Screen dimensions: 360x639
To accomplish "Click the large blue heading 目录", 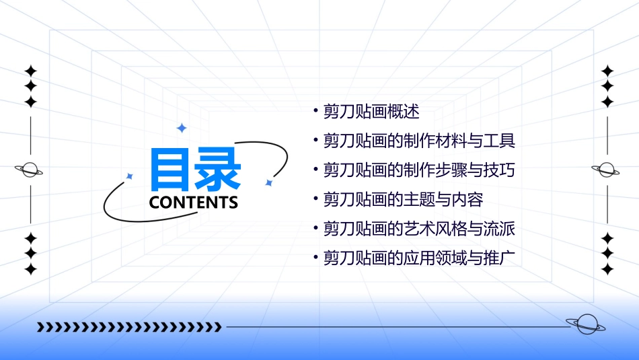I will click(196, 170).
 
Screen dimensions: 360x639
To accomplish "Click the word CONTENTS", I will click(194, 203).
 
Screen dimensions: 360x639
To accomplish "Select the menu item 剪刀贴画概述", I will click(371, 112).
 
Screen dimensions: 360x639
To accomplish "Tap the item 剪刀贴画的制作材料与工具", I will click(419, 141).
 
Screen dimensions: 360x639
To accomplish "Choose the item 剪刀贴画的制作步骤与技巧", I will click(419, 170).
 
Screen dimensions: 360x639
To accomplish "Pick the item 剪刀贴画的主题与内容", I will click(403, 199).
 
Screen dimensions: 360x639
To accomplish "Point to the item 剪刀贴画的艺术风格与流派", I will click(419, 229).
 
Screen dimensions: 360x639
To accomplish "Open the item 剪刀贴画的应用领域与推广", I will click(419, 258).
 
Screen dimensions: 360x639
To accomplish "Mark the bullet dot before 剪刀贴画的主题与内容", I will click(315, 199).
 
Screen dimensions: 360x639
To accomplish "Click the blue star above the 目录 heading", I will click(181, 128).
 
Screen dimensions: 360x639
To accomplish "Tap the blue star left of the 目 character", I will click(130, 176).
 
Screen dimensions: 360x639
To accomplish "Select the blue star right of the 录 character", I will click(268, 183).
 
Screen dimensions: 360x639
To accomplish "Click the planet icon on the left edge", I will click(30, 170).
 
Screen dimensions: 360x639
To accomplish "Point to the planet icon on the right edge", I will click(606, 170).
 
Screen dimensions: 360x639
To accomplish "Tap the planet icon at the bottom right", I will click(585, 324).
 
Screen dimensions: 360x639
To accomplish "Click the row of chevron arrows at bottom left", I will click(128, 327).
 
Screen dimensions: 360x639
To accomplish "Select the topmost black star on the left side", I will click(30, 71).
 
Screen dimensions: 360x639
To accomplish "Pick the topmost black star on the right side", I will click(607, 71).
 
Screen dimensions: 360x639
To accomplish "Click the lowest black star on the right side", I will click(607, 269).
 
